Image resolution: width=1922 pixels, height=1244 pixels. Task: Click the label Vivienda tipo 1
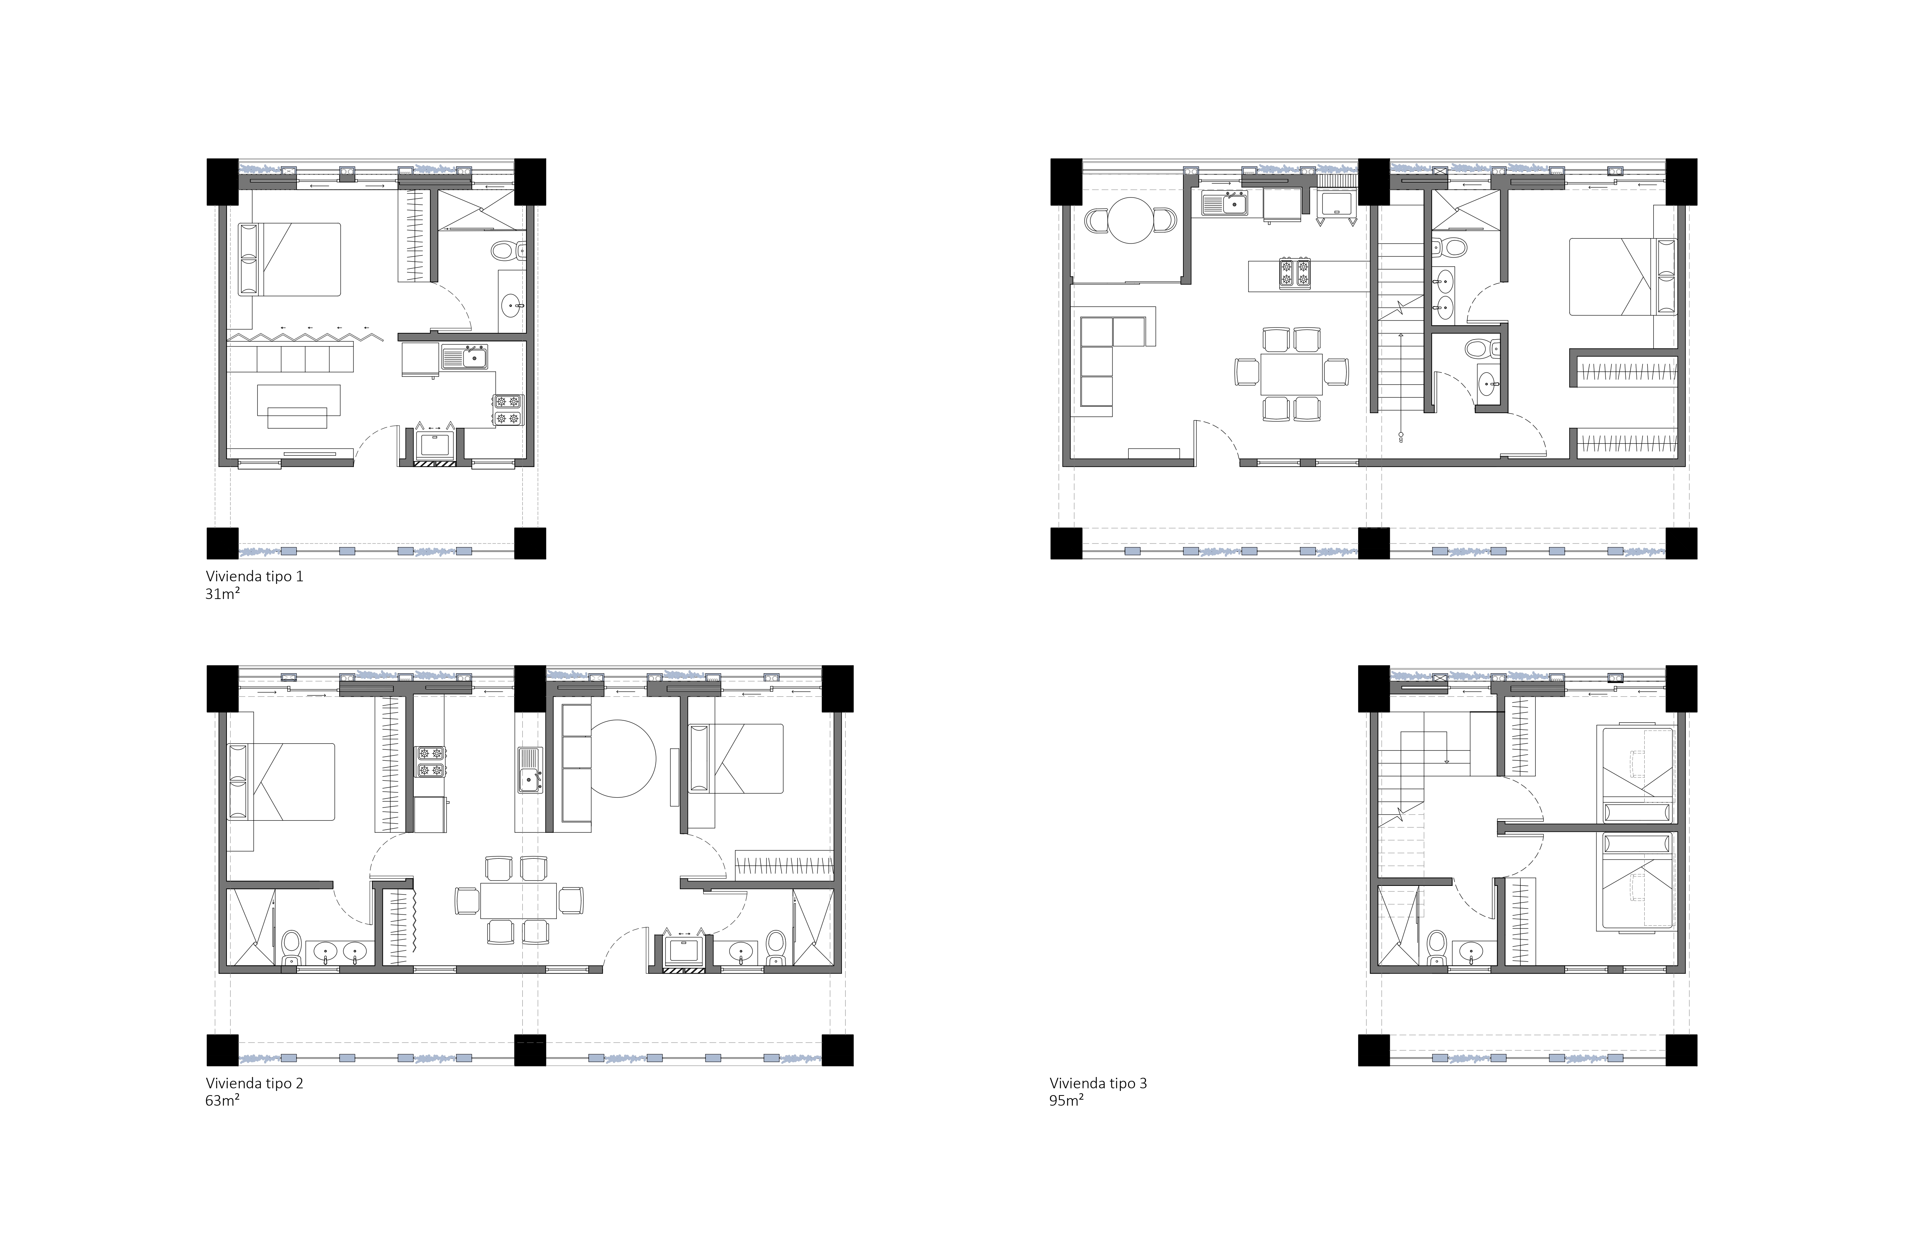point(254,577)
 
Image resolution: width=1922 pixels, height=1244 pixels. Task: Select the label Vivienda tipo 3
point(1098,1083)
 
